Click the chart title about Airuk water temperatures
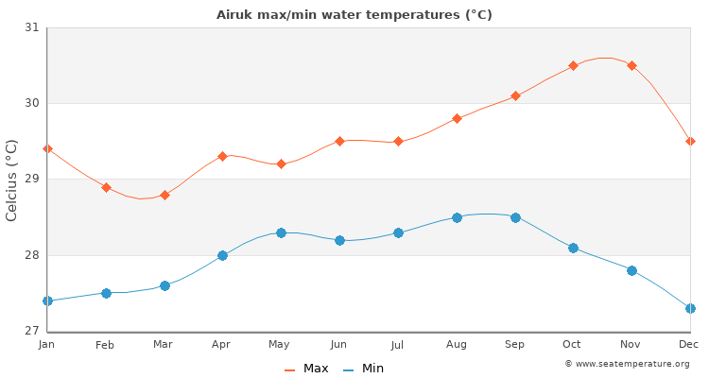354,14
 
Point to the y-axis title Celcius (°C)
12,180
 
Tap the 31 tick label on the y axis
31,27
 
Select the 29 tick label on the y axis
31,180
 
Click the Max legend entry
307,369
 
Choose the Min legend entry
364,369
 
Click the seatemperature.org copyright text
627,364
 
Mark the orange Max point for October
573,66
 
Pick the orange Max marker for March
164,195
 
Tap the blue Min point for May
281,232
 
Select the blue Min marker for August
457,217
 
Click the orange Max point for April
222,156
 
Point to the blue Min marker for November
631,270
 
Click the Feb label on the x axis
105,345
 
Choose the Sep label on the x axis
514,345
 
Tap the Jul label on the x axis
397,345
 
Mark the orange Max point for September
515,95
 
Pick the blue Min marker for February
106,293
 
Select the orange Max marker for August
457,118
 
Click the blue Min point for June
339,240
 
